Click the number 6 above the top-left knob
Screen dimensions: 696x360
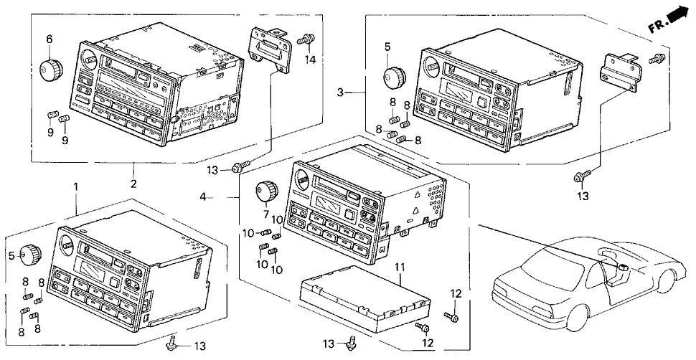pos(50,39)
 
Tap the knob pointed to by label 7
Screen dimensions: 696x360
pos(266,191)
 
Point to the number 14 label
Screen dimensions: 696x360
pos(310,59)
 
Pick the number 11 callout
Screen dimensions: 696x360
pos(400,267)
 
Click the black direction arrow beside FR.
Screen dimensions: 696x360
pos(675,18)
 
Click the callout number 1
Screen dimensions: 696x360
pos(75,186)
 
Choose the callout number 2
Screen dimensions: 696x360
pos(133,184)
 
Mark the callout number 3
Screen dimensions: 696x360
pos(340,93)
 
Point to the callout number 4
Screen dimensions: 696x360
pos(203,197)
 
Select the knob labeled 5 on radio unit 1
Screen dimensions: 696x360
pos(30,255)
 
